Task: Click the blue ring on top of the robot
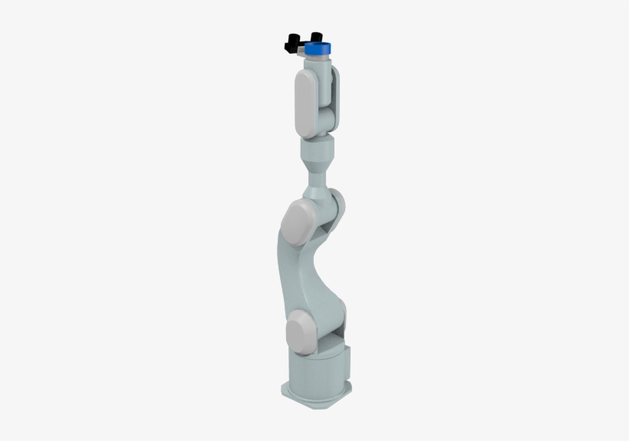(318, 50)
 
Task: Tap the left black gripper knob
(292, 42)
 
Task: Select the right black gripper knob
(315, 37)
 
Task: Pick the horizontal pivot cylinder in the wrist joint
(328, 119)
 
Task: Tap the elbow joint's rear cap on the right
(338, 206)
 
